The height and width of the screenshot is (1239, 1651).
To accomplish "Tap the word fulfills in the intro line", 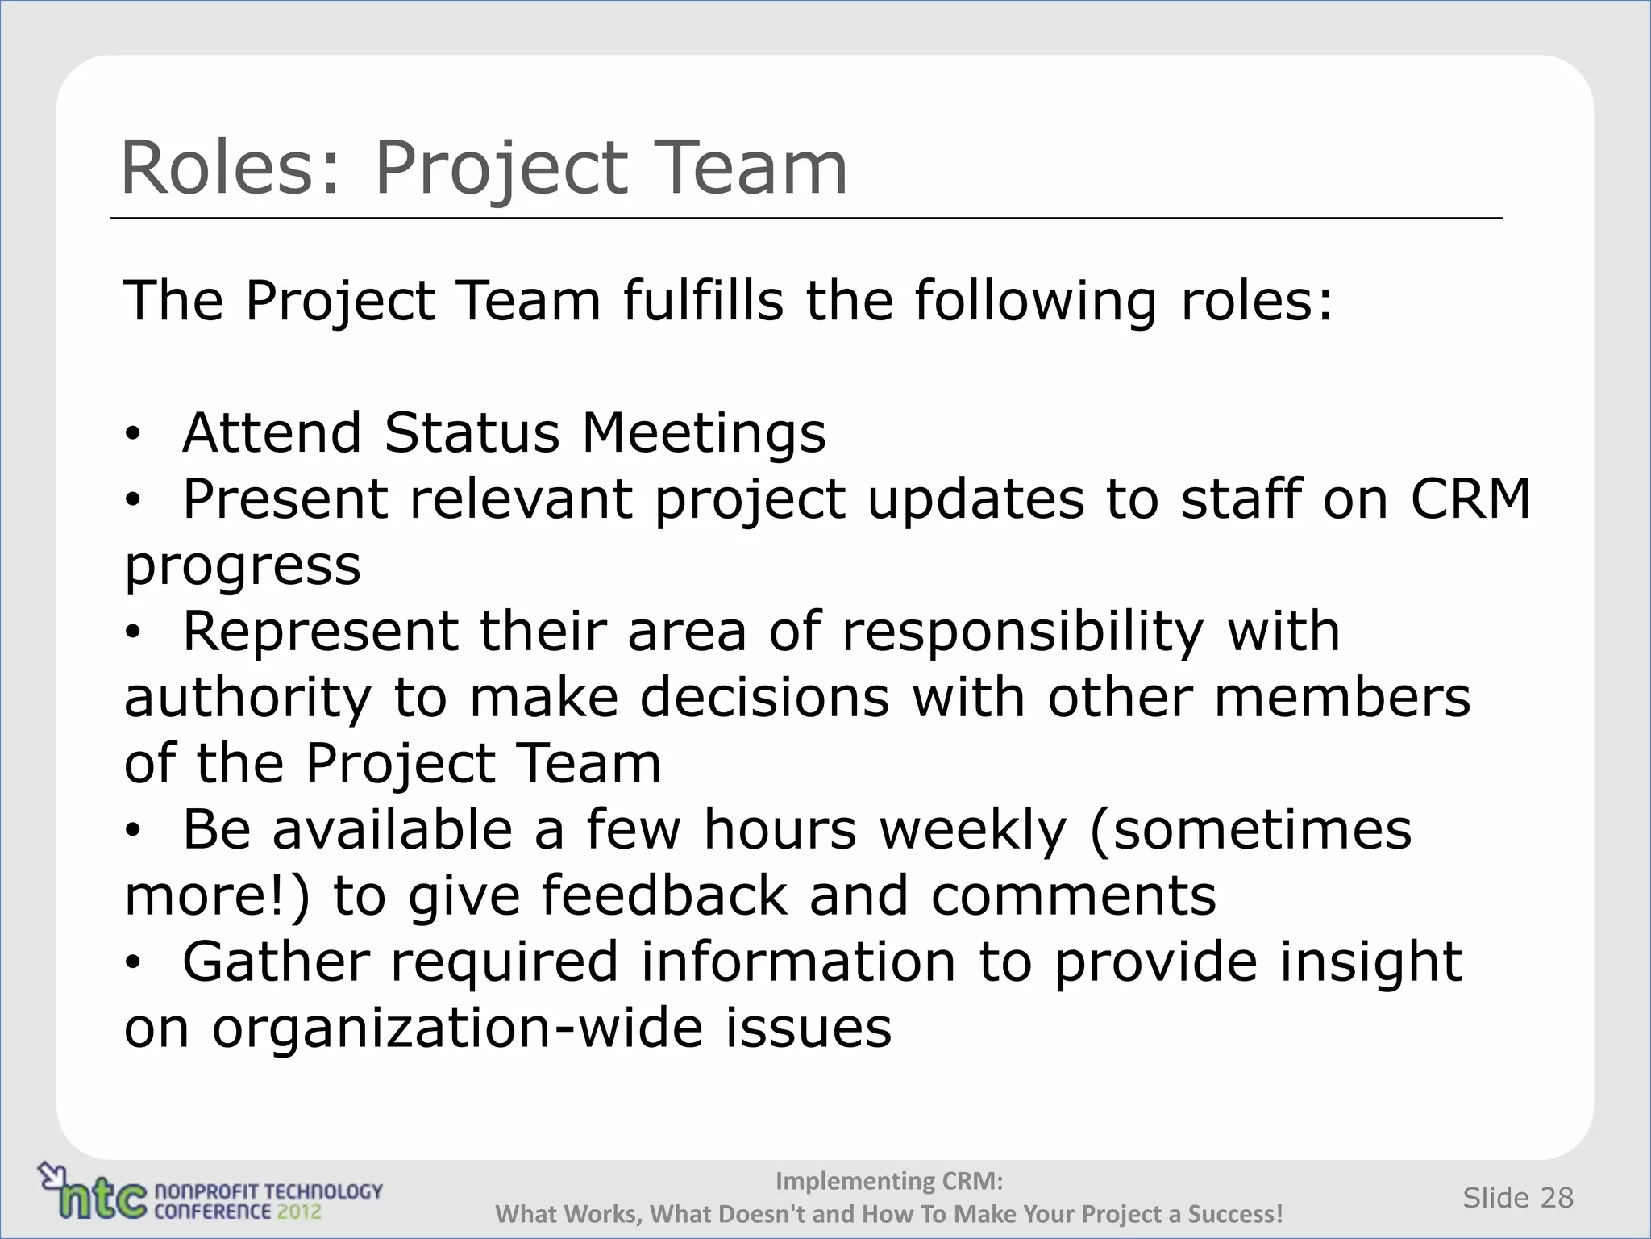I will point(703,301).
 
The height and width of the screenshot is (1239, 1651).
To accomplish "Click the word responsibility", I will point(1023,632).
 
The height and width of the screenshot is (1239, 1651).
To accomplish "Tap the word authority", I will point(247,699).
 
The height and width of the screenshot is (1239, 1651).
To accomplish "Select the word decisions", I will point(765,698).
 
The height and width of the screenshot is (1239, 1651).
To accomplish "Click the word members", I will point(1342,698).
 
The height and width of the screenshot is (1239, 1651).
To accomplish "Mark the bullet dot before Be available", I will point(132,830).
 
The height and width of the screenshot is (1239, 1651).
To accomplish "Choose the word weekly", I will point(973,831).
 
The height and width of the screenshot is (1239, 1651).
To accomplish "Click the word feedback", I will point(664,895).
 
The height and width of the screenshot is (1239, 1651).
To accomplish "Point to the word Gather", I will point(277,962).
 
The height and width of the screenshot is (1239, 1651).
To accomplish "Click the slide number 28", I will point(1557,1198).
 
